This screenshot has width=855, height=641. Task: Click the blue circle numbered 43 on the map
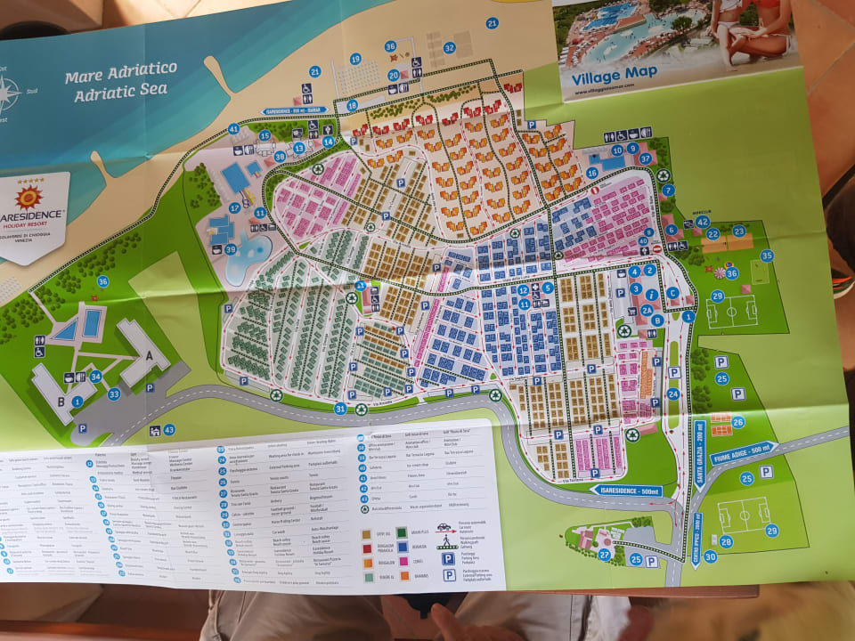click(169, 430)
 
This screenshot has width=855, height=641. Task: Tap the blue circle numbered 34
click(94, 377)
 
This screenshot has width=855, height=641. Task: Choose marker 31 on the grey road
click(340, 409)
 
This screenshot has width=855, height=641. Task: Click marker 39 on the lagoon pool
click(231, 250)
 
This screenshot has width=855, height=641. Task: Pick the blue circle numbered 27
click(605, 555)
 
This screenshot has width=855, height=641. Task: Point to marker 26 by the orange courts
click(737, 422)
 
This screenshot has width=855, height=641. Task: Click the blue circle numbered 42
click(702, 221)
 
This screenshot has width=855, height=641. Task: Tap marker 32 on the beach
click(450, 48)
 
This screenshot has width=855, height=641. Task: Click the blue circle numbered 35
click(766, 256)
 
